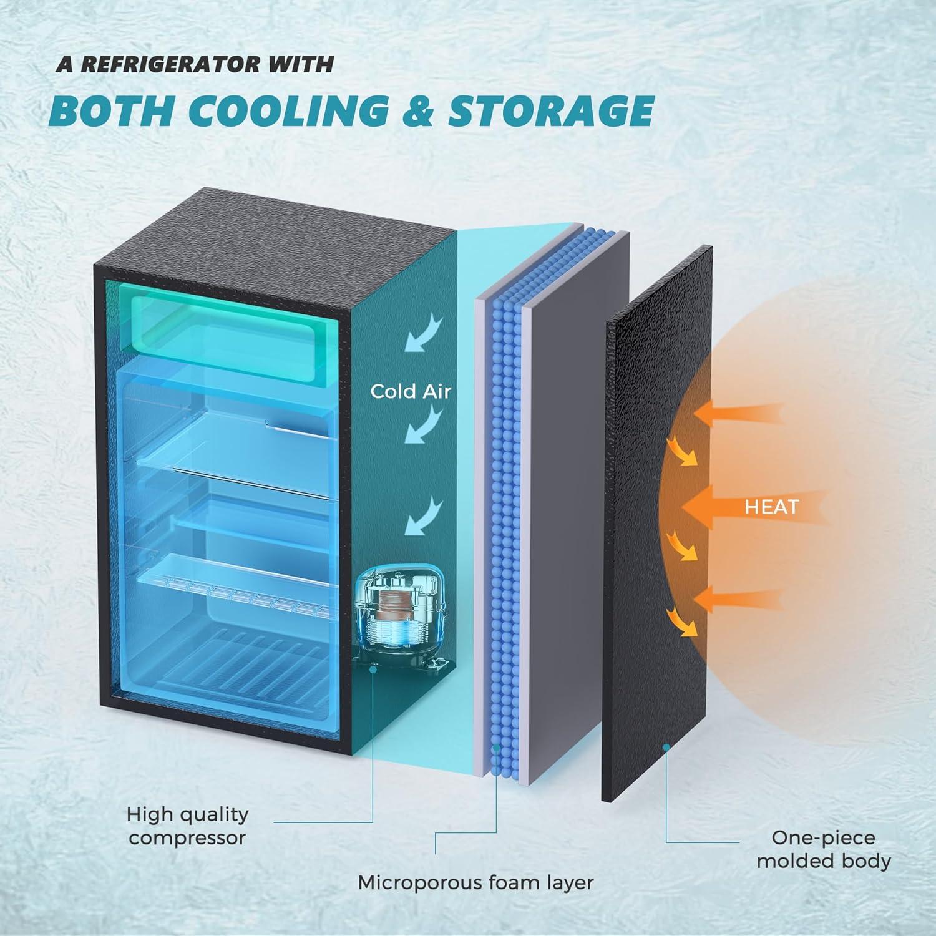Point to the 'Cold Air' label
(x=410, y=391)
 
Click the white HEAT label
(x=772, y=507)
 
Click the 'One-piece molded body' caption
(x=824, y=849)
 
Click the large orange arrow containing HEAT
(x=752, y=507)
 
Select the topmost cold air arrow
(x=424, y=334)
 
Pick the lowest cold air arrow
(x=424, y=515)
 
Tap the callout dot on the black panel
(x=666, y=746)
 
